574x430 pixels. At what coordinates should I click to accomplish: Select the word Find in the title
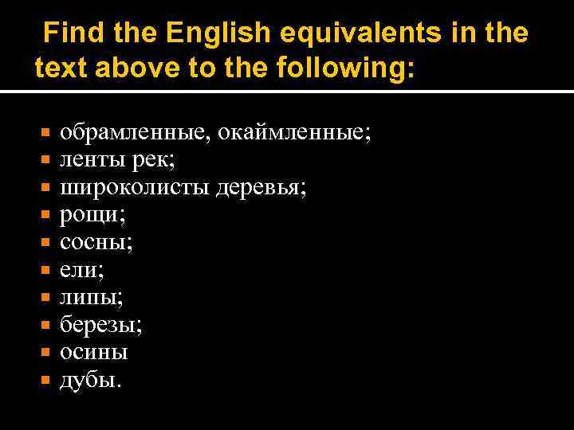click(74, 33)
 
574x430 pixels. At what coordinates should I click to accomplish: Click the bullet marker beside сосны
click(45, 243)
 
